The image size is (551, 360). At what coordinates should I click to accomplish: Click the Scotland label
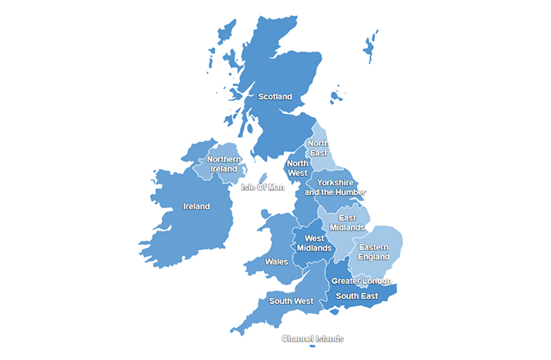(275, 97)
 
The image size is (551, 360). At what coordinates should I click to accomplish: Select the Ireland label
(196, 206)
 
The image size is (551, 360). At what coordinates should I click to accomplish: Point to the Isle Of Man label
(262, 187)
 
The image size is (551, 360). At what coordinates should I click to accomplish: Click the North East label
(318, 148)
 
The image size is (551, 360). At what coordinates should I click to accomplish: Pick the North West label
(298, 168)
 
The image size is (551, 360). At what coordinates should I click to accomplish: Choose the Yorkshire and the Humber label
(335, 188)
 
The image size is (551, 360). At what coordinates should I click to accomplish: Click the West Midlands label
(314, 243)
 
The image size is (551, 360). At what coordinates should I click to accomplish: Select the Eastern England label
(374, 252)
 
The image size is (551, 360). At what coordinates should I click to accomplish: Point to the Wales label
(276, 262)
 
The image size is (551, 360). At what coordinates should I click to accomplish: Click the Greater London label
(361, 281)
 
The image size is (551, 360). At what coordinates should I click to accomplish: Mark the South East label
(356, 296)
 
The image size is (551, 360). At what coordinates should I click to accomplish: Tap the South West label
(290, 301)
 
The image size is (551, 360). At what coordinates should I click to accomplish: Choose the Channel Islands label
(312, 338)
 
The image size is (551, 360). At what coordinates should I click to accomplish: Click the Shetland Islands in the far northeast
(371, 48)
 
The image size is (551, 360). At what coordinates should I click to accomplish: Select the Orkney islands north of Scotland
(336, 97)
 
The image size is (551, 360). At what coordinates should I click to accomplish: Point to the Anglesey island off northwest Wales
(264, 212)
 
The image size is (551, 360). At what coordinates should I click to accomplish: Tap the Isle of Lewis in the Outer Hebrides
(226, 35)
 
